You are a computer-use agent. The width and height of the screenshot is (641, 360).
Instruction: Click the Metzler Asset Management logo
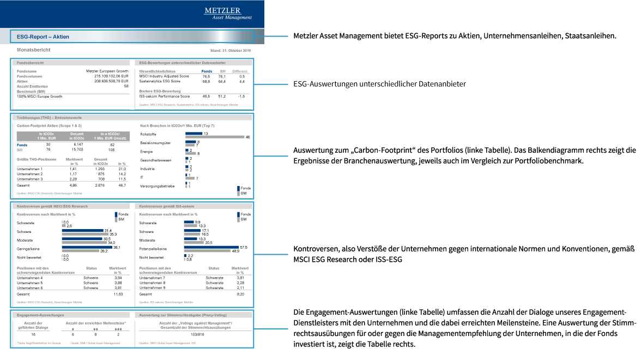[x=228, y=14]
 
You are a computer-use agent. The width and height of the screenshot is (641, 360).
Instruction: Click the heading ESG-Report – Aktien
[x=43, y=37]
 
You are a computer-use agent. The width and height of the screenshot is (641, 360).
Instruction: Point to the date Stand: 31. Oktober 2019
[x=230, y=51]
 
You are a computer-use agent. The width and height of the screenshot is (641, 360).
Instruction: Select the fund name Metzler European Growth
[x=107, y=71]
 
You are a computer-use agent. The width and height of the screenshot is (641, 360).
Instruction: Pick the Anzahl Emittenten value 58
[x=126, y=86]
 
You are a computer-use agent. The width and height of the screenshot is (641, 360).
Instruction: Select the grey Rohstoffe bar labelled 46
[x=215, y=137]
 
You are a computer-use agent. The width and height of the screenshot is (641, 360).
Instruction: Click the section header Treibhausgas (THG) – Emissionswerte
[x=46, y=117]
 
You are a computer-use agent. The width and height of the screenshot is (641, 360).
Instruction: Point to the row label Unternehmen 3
[x=30, y=179]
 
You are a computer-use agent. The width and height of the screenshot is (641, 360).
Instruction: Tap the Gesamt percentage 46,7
[x=122, y=186]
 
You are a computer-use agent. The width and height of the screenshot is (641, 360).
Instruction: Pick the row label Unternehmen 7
[x=152, y=278]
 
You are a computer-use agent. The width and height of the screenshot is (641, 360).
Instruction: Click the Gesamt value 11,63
[x=118, y=293]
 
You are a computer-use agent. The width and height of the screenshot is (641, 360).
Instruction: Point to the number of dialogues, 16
[x=33, y=334]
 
